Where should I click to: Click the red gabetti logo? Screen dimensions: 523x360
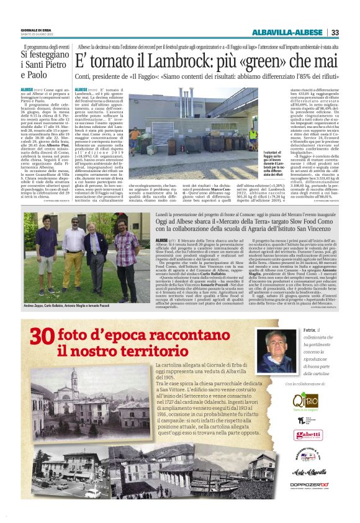point(308,435)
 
